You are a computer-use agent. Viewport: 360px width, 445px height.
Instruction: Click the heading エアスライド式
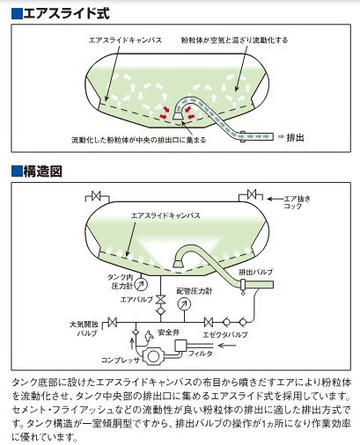pos(66,14)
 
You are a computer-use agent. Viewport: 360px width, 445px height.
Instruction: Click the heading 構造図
pos(42,171)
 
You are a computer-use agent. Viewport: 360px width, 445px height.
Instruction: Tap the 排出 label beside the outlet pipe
pos(295,137)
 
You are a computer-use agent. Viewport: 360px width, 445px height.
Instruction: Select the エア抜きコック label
pos(297,202)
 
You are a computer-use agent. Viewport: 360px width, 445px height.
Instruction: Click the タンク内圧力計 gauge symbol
pos(142,283)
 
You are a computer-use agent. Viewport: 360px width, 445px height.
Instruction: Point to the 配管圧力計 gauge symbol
pos(184,304)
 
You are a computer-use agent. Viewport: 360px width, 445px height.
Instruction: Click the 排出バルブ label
pos(256,272)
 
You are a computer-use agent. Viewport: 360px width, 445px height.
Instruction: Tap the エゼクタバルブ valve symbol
pos(209,322)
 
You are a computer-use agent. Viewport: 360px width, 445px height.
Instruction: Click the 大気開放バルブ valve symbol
pos(112,322)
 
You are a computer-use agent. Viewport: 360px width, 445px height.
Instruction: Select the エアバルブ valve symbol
pos(160,300)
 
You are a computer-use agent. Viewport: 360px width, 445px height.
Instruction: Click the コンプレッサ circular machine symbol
pos(153,356)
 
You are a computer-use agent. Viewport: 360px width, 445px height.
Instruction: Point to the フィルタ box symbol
pos(180,345)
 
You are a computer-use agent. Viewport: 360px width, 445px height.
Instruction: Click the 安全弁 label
pos(169,332)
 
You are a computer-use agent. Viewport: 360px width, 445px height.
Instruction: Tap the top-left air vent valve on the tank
pos(96,195)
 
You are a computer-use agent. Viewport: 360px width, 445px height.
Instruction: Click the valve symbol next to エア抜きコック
pos(252,194)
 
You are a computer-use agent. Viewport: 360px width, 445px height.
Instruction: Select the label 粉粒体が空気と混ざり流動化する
pos(234,40)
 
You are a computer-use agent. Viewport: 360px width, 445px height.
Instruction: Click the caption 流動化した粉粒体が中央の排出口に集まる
pos(139,140)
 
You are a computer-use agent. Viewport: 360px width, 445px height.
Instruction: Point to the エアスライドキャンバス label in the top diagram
pos(125,40)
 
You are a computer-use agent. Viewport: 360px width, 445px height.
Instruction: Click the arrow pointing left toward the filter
pos(227,346)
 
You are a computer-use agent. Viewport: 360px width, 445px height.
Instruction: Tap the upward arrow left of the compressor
pos(132,343)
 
